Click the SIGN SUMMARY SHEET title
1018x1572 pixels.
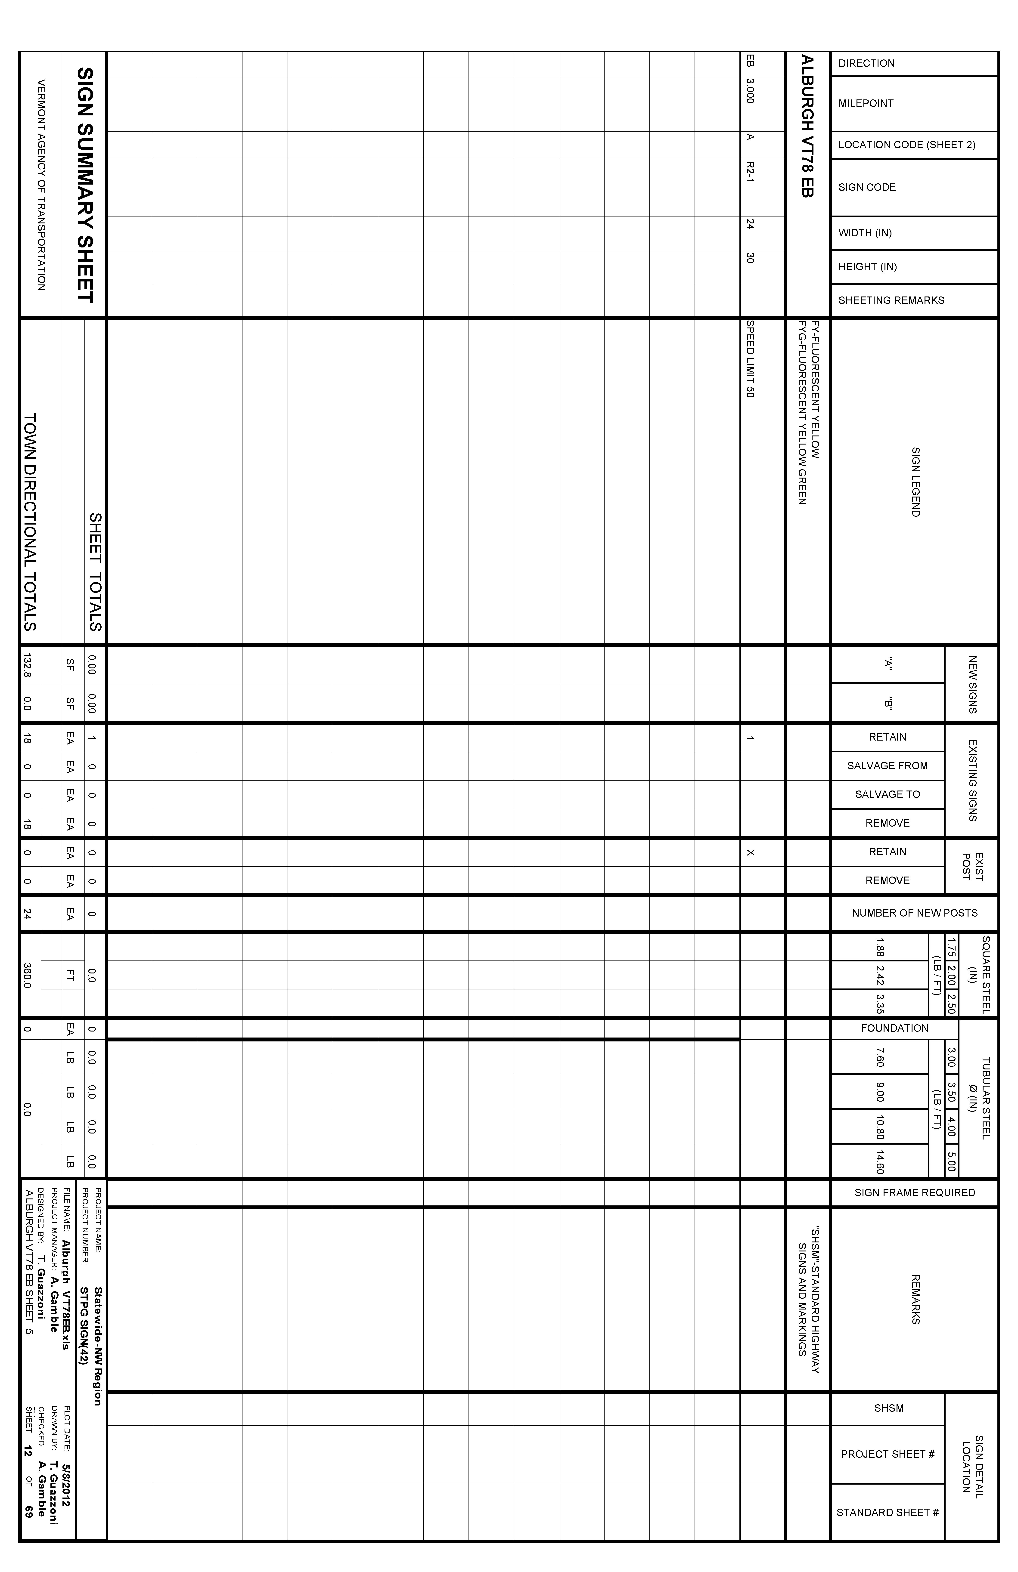[x=85, y=185]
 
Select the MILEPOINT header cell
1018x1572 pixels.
[x=865, y=104]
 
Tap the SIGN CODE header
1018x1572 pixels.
[x=867, y=188]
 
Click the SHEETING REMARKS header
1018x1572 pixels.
[x=891, y=300]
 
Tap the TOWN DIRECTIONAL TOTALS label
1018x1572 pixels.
[x=30, y=522]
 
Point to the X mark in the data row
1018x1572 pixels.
[x=750, y=853]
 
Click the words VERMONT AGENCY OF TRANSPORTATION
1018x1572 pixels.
[x=41, y=185]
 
